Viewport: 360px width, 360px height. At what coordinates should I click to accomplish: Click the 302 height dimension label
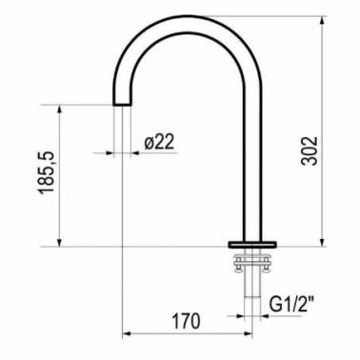point(310,150)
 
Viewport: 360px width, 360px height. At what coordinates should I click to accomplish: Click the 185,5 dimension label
point(47,172)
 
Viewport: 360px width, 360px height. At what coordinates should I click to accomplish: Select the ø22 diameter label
point(159,142)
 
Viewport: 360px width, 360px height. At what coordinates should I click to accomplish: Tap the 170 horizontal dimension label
point(186,321)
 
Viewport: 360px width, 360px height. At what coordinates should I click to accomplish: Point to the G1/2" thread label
point(290,305)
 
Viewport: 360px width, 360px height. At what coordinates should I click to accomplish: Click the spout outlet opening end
point(122,105)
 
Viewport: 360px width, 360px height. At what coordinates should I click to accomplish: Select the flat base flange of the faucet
point(252,245)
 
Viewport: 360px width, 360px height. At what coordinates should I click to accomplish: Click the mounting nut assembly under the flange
point(252,262)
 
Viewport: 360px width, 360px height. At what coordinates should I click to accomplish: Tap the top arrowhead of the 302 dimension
point(322,20)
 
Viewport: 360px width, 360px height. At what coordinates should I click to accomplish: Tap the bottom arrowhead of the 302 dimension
point(322,242)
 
